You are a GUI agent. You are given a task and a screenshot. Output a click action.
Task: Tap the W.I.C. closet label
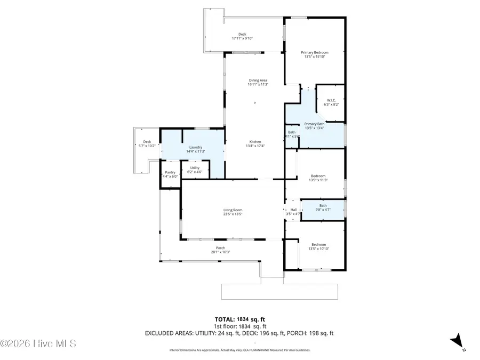point(331,100)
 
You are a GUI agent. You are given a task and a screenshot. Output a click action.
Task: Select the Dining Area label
point(258,81)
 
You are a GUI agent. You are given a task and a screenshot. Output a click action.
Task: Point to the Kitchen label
point(255,142)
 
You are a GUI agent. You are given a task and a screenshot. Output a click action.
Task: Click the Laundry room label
point(196,147)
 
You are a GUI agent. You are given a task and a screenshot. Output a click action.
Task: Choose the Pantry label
point(170,172)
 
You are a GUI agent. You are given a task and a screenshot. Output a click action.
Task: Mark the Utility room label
point(195,168)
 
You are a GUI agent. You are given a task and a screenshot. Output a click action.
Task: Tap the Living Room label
point(233,210)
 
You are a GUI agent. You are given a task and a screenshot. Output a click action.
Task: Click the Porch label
point(220,248)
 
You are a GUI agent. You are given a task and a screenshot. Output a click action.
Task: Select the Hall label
point(293,210)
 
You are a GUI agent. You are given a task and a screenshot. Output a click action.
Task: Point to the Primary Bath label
point(314,124)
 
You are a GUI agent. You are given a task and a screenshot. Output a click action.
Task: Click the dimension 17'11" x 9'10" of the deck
point(242,39)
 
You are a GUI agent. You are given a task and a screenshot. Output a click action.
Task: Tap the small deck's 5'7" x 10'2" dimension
point(147,146)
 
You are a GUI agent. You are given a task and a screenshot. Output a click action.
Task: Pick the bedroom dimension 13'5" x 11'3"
point(318,180)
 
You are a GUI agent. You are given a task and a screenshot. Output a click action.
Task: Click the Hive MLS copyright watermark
point(38,343)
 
